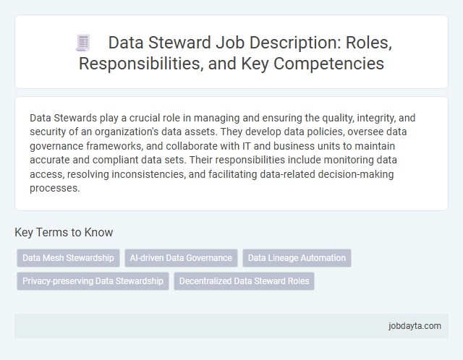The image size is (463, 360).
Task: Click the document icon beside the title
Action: coord(82,43)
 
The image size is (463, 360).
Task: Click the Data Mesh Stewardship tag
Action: coord(68,258)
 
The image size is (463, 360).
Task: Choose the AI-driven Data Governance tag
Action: coord(181,258)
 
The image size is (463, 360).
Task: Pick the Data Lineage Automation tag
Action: coord(297,258)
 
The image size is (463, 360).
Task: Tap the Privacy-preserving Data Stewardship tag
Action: coord(93,281)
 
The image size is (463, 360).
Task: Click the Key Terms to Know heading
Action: coord(64,233)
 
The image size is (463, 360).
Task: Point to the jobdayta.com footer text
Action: coord(415,326)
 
